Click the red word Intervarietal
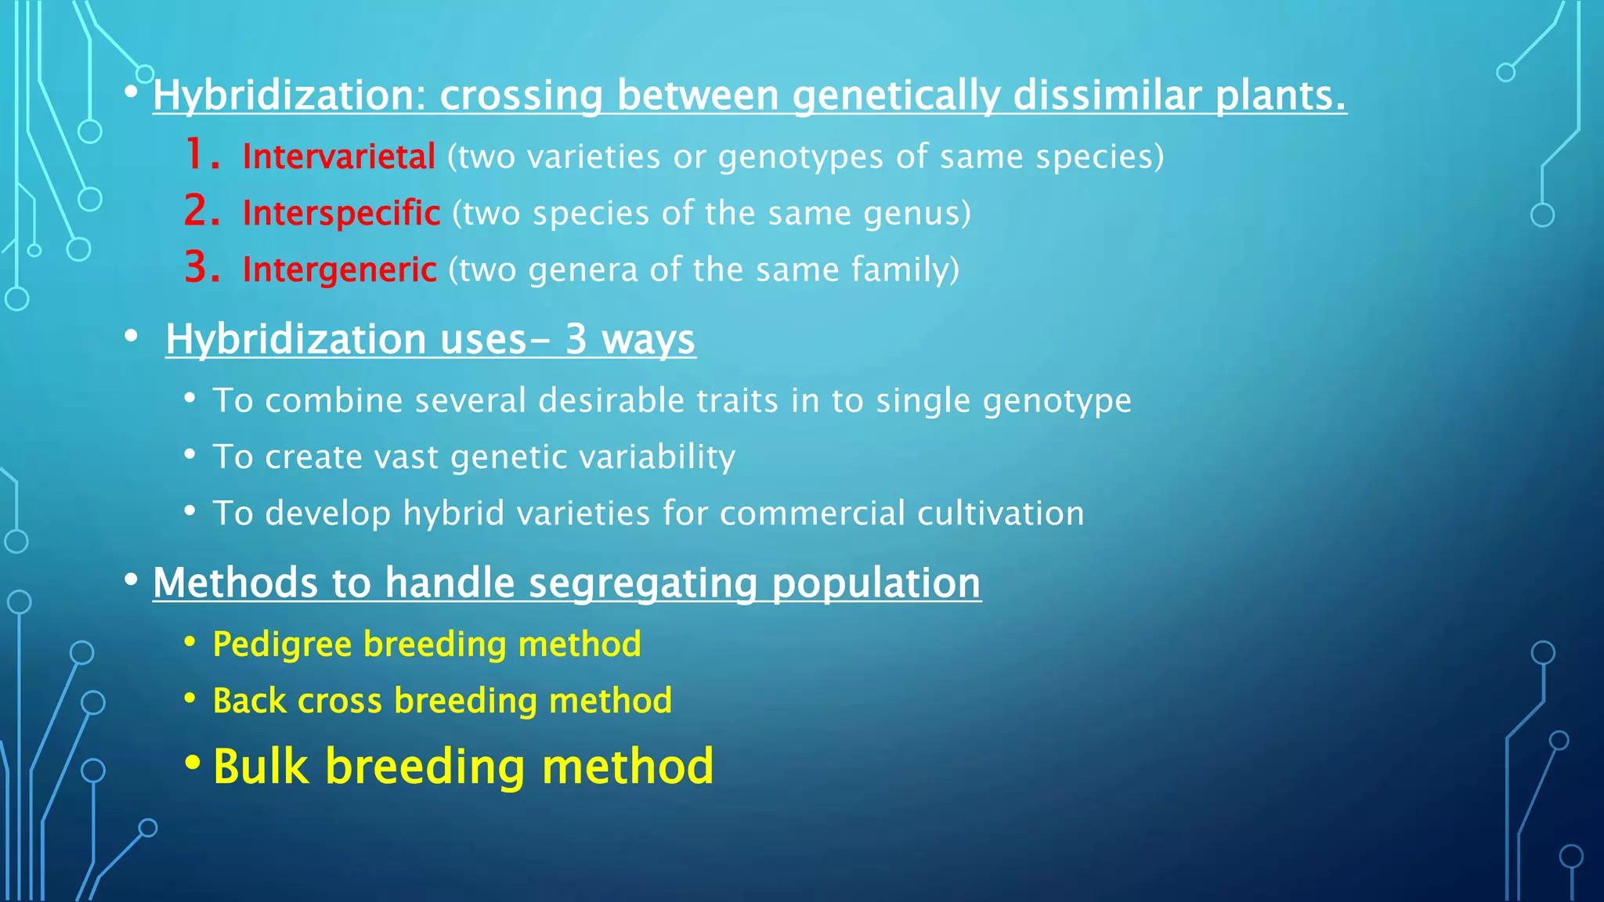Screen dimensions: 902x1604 click(338, 157)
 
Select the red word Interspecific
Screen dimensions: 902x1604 click(341, 213)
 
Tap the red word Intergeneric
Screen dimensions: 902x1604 click(339, 269)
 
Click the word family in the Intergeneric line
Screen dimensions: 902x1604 click(905, 269)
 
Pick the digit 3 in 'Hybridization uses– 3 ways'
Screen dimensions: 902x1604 click(576, 339)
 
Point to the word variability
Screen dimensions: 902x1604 click(657, 457)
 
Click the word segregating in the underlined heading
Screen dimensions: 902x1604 click(642, 584)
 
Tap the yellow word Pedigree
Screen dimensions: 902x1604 click(282, 645)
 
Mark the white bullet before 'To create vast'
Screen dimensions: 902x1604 click(190, 454)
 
